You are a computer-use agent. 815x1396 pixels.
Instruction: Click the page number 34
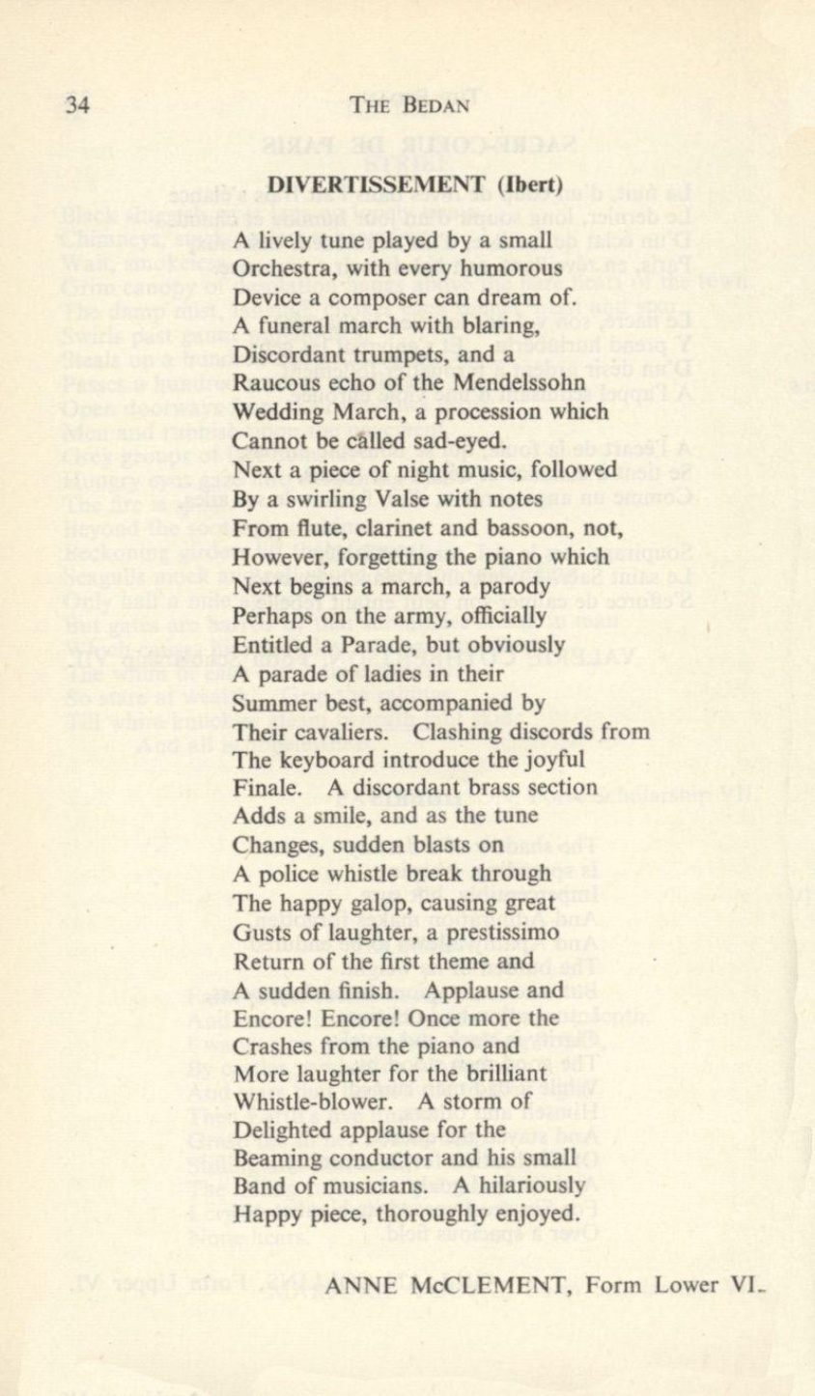pyautogui.click(x=77, y=104)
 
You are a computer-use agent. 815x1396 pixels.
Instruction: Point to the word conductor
pyautogui.click(x=372, y=1158)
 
